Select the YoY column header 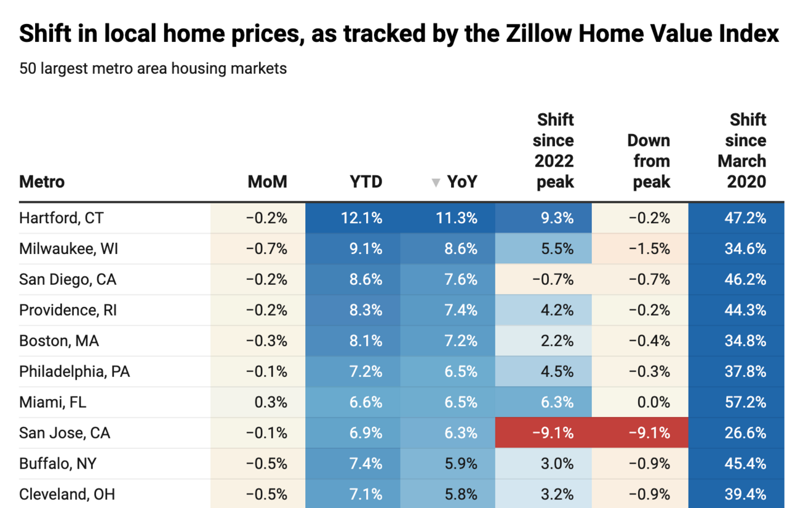(x=462, y=182)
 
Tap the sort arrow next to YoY (x=436, y=183)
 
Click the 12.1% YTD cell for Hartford (x=362, y=218)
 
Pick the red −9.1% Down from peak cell (x=649, y=433)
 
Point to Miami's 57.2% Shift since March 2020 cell (x=745, y=402)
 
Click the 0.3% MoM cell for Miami (x=271, y=402)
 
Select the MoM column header (x=267, y=182)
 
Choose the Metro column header (x=42, y=182)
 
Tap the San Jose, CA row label (x=65, y=433)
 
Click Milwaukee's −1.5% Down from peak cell (x=649, y=249)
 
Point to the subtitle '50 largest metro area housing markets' (x=153, y=68)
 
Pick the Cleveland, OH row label (x=67, y=494)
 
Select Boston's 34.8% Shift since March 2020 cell (x=745, y=341)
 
